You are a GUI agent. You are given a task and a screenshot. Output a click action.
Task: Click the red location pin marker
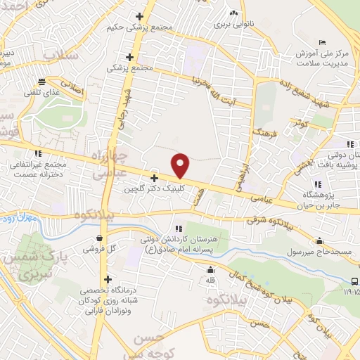coord(181,165)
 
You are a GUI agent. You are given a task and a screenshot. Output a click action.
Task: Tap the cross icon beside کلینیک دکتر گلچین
coord(154,179)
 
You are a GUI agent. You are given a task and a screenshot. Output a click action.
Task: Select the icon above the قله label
coord(209,270)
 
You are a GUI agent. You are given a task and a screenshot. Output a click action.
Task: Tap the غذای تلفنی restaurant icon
coord(42,81)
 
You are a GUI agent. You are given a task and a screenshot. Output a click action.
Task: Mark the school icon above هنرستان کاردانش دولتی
coord(179,227)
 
